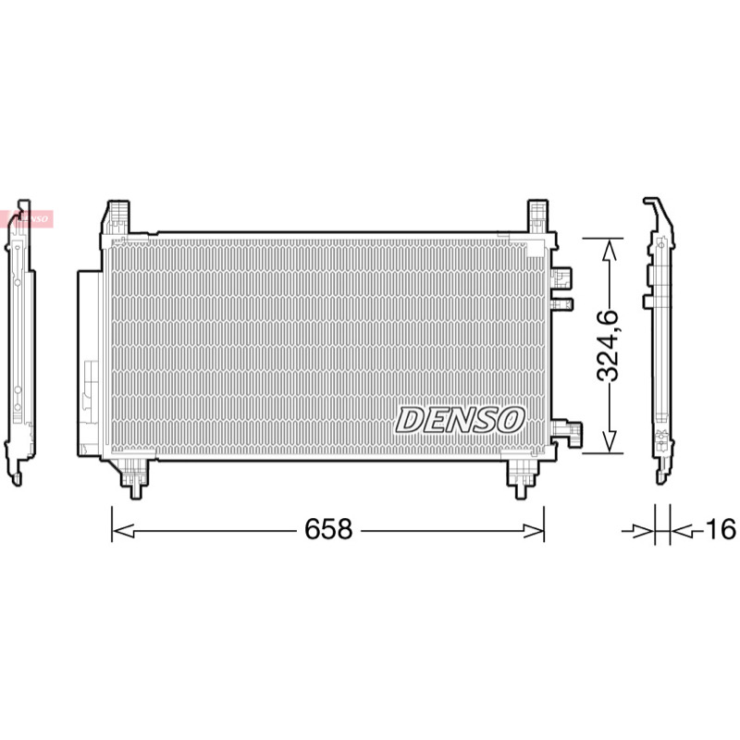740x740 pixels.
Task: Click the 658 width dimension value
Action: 328,529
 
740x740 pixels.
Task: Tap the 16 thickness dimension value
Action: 721,528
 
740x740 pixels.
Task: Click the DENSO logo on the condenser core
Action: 460,420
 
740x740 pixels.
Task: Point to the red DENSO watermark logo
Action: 27,219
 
